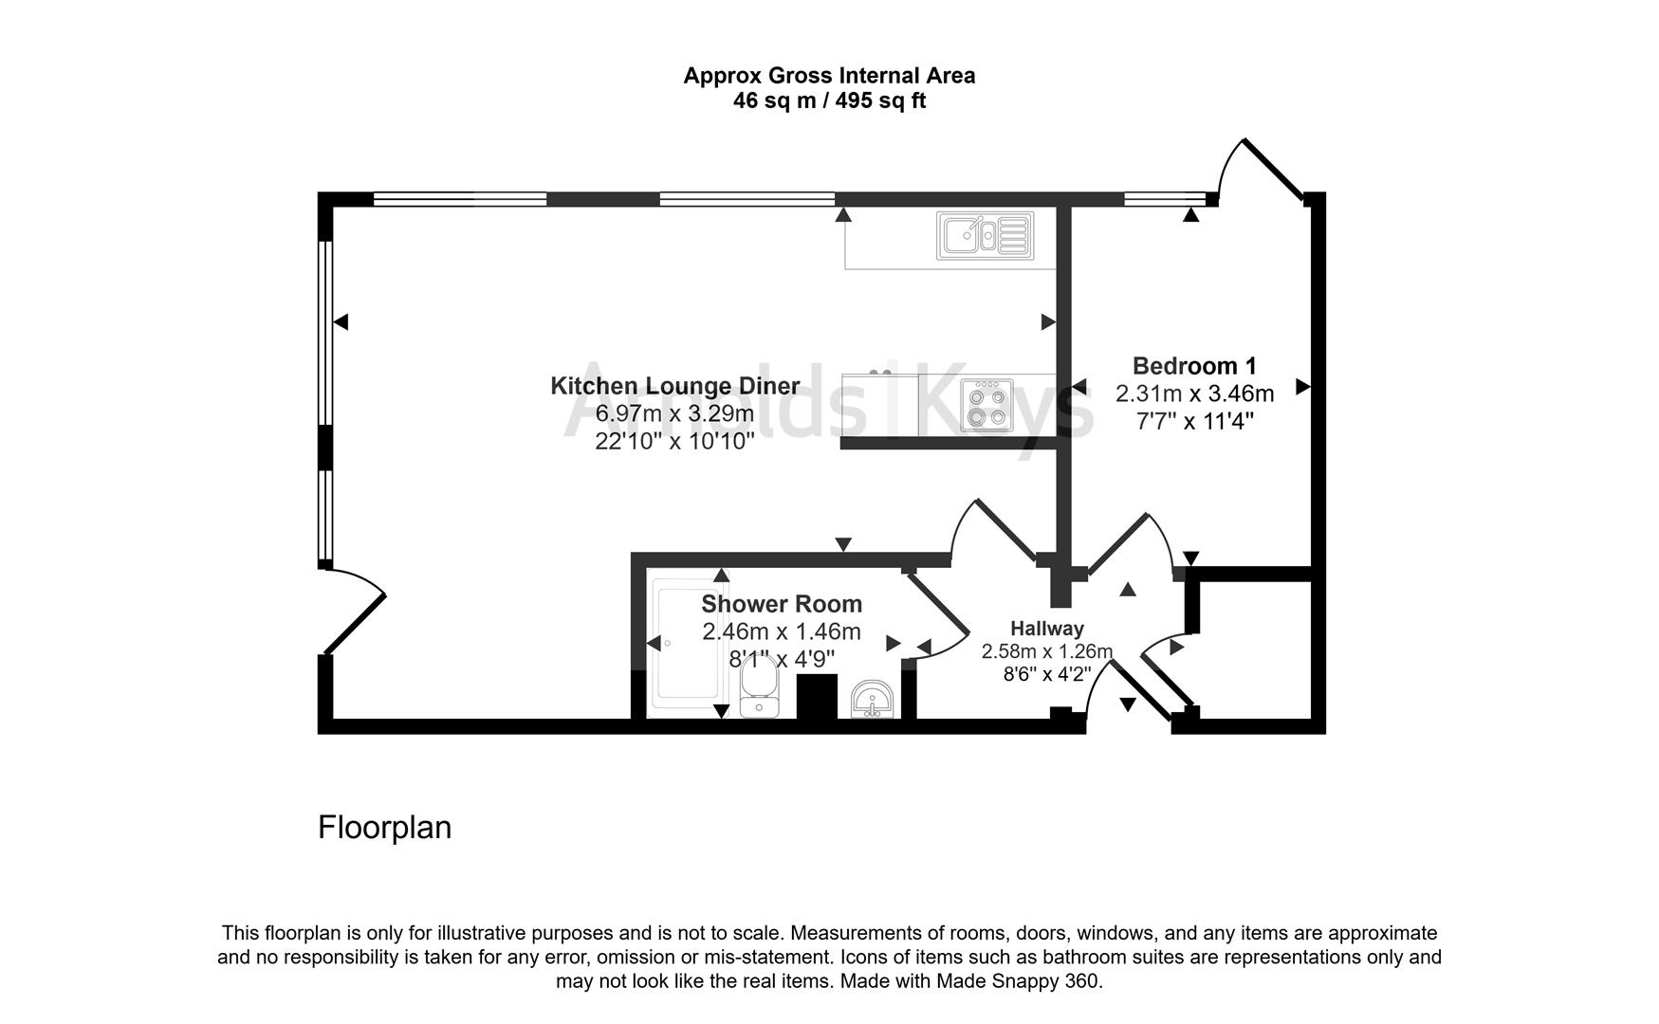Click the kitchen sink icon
pos(985,235)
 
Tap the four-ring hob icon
pos(986,405)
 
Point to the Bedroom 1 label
pos(1194,366)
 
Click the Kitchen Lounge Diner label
pos(674,386)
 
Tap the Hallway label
pos(1046,628)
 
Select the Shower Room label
pos(782,604)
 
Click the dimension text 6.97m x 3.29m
pos(674,413)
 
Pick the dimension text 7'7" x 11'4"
pos(1194,421)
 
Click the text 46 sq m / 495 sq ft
pos(829,101)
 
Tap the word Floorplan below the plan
pos(384,828)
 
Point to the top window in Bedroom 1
pos(1164,199)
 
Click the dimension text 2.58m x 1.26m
pos(1046,651)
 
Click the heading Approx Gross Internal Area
pos(829,76)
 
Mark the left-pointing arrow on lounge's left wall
pos(341,322)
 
